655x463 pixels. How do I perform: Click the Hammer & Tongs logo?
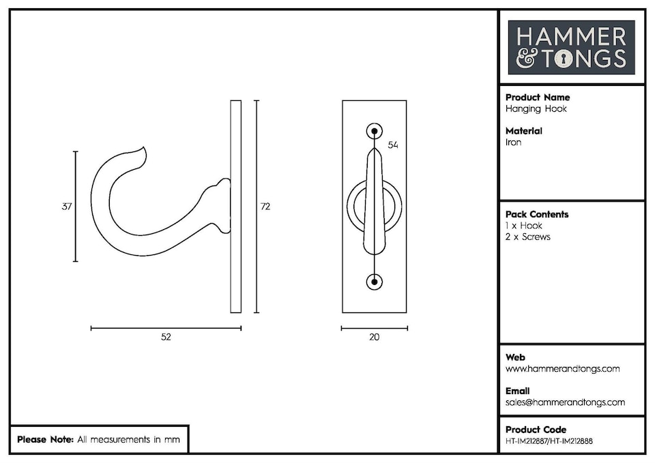pos(571,47)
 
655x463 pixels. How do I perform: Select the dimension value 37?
pos(67,207)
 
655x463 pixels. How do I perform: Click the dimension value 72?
pos(265,207)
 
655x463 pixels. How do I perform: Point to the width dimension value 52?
pos(166,337)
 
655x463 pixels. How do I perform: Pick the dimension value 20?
pos(374,337)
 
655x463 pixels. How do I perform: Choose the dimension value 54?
pos(392,145)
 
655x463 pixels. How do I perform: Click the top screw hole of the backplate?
pos(374,131)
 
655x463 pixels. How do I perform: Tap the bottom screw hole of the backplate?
pos(374,281)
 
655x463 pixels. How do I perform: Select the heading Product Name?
pos(538,98)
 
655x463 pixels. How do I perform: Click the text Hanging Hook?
pos(536,108)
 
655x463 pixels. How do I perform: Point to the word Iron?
pos(514,143)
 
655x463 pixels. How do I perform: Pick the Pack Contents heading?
pos(537,214)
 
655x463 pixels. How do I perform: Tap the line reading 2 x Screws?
pos(528,237)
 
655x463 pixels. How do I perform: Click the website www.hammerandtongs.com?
pos(562,369)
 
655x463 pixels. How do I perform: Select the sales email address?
pos(565,402)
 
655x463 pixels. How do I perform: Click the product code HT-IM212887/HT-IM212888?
pos(549,441)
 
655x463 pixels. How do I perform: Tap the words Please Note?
pos(45,440)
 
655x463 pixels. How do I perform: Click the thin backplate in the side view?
pos(236,207)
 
